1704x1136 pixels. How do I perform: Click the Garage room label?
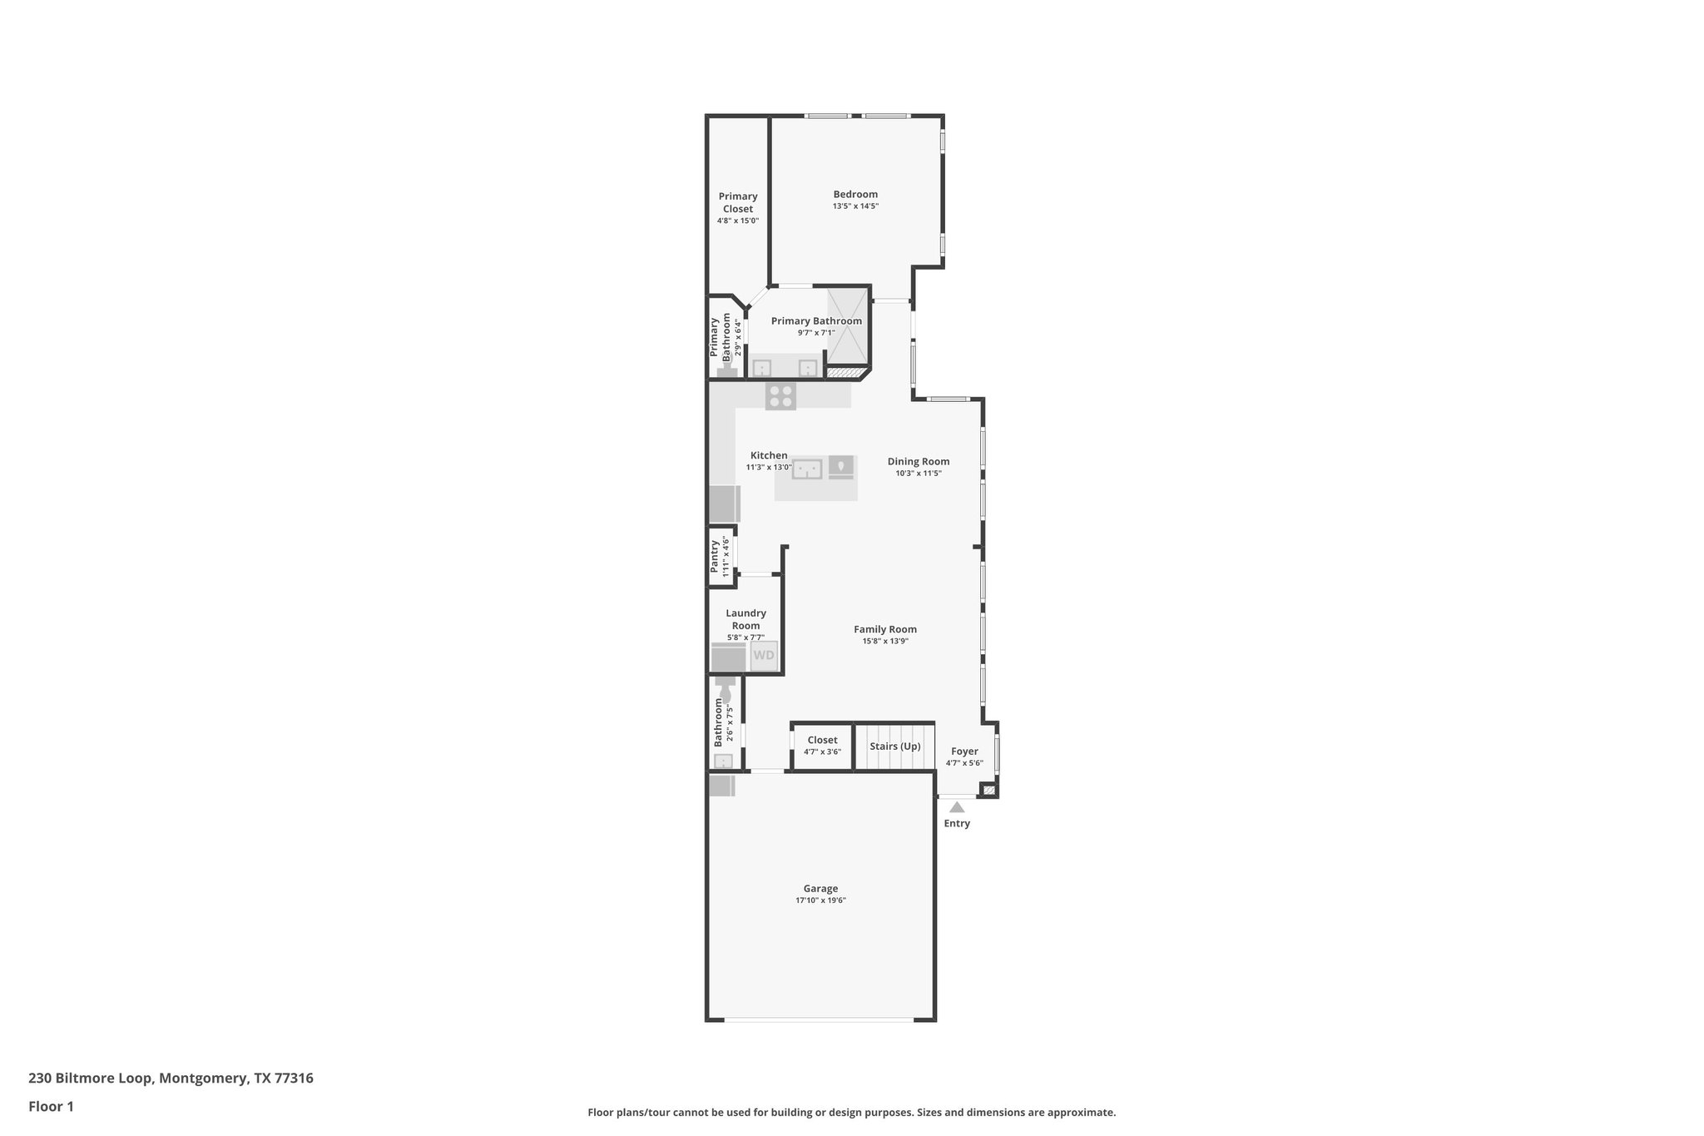coord(820,888)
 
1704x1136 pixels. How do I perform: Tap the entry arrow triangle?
coord(957,806)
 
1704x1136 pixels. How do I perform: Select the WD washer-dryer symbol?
coord(763,655)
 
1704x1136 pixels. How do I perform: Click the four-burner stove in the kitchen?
coord(780,395)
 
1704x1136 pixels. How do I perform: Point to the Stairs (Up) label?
coord(895,746)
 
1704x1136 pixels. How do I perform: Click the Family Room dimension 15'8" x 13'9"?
coord(884,641)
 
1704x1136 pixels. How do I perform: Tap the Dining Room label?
coord(918,461)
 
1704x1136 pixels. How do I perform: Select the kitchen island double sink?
coord(806,469)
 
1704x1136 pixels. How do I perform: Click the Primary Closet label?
coord(738,202)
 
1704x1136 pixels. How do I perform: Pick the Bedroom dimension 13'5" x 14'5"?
coord(855,206)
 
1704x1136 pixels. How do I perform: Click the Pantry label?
coord(715,556)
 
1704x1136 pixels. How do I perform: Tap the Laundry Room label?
coord(745,619)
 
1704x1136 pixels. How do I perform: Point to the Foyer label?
coord(964,751)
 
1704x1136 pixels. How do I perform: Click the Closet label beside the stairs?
coord(822,740)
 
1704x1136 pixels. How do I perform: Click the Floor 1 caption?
coord(51,1106)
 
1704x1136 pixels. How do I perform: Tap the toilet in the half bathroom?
coord(724,690)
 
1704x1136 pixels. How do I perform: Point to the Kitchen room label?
coord(769,455)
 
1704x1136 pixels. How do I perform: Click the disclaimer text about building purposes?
coord(851,1112)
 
